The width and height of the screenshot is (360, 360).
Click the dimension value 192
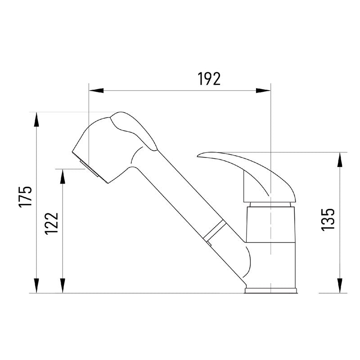209,79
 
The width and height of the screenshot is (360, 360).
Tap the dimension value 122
52,223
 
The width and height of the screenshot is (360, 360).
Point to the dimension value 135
328,220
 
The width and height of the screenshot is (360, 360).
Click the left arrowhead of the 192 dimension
96,90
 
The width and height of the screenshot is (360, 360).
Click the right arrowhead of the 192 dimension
263,90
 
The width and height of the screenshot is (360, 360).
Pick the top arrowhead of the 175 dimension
36,119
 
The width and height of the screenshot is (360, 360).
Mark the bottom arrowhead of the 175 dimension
36,286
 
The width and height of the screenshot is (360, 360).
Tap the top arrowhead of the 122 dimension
63,176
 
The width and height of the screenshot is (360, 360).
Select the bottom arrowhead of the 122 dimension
63,286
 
